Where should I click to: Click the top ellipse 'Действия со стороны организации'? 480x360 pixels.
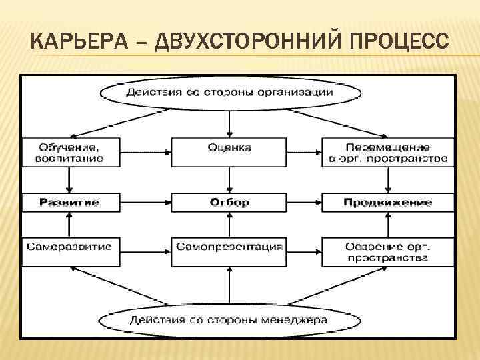click(229, 93)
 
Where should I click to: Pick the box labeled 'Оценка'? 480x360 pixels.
click(229, 147)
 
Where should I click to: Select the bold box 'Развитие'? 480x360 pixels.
click(69, 202)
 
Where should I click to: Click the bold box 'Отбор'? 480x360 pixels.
click(229, 202)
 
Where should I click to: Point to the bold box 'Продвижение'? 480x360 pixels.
click(387, 202)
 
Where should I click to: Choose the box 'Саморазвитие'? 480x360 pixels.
click(69, 247)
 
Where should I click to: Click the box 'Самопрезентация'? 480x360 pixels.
click(229, 247)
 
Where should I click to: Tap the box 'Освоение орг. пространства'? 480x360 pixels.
click(387, 251)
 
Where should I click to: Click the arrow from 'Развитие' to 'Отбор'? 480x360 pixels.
click(145, 202)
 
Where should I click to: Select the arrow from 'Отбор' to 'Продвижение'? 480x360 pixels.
click(303, 202)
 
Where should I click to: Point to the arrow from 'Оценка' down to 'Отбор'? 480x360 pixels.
click(229, 179)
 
